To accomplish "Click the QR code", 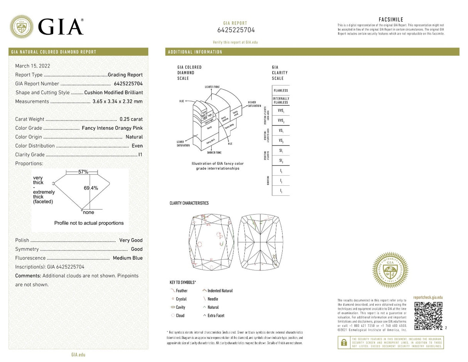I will point(428,316).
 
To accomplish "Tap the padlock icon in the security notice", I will point(343,342).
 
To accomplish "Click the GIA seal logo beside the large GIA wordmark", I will point(22,27).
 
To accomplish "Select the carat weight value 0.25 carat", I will point(131,119).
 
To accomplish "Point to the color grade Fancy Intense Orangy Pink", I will point(112,128).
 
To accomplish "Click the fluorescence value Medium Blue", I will point(128,258).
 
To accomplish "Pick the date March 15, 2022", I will point(33,66).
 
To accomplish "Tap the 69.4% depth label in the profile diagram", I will point(91,188).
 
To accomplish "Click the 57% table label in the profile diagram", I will point(83,172).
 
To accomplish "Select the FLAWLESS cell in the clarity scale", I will point(281,91).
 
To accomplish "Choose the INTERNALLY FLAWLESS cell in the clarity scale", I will point(281,100).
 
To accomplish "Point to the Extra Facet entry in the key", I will point(215,316).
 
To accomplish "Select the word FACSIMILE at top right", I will point(391,20).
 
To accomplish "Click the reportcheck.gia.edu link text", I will point(428,298).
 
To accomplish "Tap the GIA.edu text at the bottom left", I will point(78,355).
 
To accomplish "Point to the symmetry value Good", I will point(137,249).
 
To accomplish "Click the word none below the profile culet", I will point(89,212).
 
